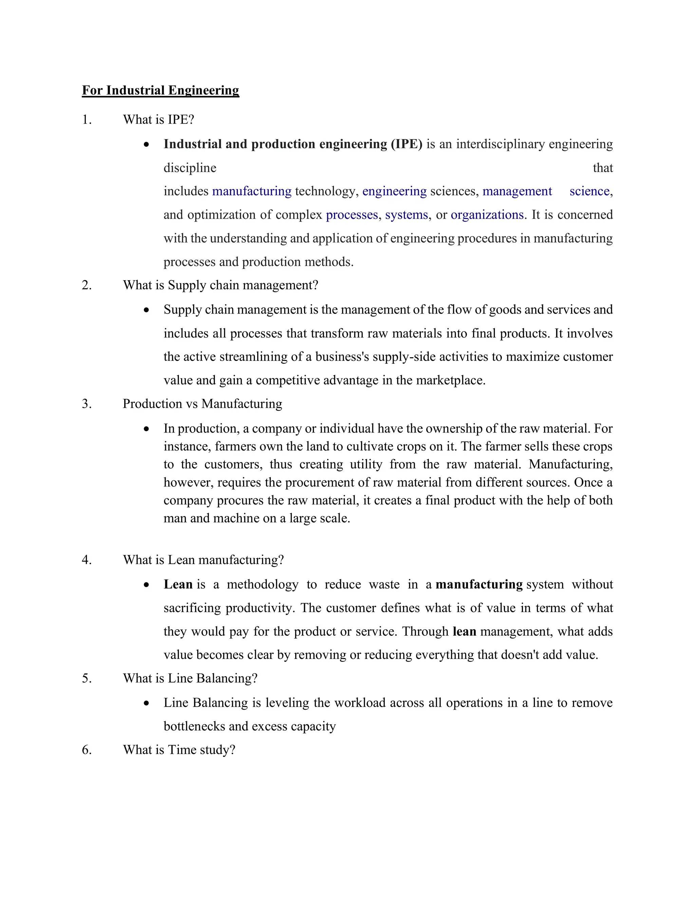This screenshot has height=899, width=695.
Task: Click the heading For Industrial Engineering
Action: tap(160, 90)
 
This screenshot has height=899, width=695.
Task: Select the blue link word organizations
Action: tap(487, 215)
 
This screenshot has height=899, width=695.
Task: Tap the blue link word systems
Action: tap(406, 215)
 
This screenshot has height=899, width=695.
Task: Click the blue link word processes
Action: tap(352, 215)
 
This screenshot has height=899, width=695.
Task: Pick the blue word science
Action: tap(589, 191)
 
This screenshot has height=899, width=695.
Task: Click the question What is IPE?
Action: tap(158, 120)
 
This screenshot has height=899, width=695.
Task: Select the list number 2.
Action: tap(87, 285)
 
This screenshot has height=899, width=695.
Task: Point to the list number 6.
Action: tap(87, 750)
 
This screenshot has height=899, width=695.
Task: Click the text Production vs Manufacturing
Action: tap(202, 404)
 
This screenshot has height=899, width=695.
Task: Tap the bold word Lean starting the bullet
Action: tap(178, 585)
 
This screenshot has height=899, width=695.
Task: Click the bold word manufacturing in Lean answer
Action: tap(479, 585)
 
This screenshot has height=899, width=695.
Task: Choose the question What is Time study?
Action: tap(179, 750)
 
